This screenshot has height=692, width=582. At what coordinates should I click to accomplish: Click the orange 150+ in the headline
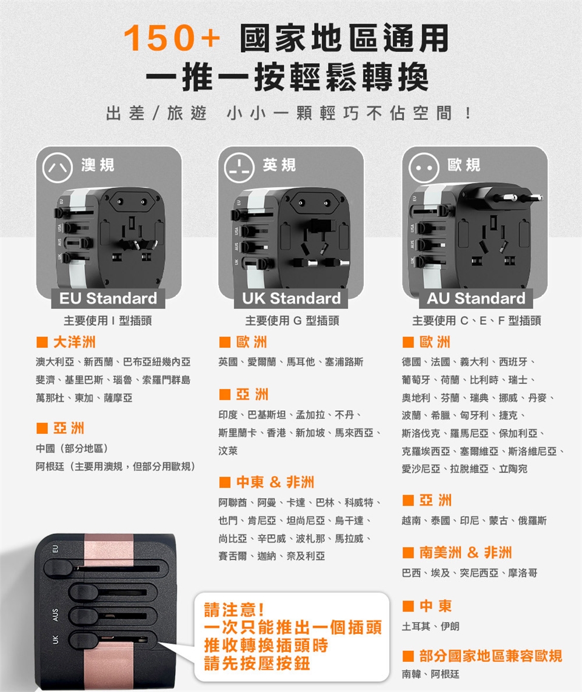coord(172,38)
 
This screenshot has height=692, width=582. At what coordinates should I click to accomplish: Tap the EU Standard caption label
coord(108,298)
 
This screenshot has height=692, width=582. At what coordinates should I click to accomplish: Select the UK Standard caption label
coord(292,298)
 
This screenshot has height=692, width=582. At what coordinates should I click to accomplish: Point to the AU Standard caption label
coord(476,298)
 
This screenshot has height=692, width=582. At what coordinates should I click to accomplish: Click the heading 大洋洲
coord(74,342)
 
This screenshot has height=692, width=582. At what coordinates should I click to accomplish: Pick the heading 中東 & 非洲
coord(275,482)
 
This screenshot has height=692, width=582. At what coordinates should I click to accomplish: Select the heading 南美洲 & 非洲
coord(466,552)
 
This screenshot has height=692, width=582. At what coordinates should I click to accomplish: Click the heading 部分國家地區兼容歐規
coord(490,656)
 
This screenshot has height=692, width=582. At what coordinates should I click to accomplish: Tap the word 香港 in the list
coord(276,433)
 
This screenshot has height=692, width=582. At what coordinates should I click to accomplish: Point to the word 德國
coord(411,362)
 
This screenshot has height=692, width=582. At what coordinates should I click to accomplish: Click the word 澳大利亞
coord(55,362)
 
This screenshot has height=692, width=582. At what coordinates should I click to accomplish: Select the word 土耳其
coord(416,626)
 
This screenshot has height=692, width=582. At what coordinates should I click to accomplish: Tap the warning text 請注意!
coord(234,610)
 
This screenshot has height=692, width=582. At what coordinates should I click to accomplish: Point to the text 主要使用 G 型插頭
coord(292,321)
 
